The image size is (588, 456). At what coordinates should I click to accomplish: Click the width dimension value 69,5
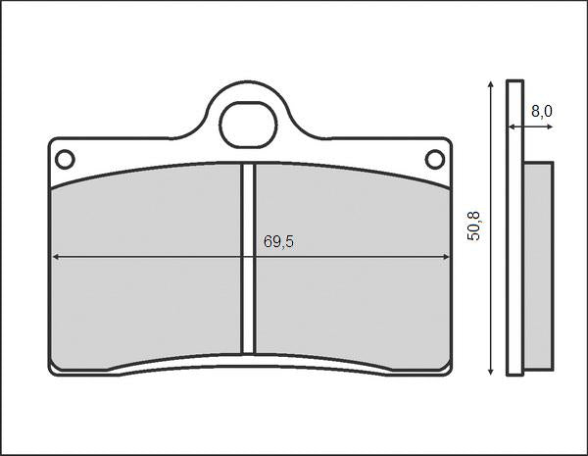point(278,242)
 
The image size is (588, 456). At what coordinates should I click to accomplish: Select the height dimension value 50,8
point(474,228)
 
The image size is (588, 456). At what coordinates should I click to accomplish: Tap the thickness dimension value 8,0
point(541,112)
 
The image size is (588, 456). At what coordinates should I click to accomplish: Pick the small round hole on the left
point(65,159)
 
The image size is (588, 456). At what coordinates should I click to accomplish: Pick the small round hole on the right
point(434,159)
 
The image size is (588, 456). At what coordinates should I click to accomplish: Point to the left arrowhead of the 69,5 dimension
point(55,257)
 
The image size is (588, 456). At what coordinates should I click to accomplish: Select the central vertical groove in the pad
point(249,257)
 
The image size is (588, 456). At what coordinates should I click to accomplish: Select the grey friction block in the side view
point(538,265)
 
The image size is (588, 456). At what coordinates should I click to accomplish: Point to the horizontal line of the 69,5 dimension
point(147,257)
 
